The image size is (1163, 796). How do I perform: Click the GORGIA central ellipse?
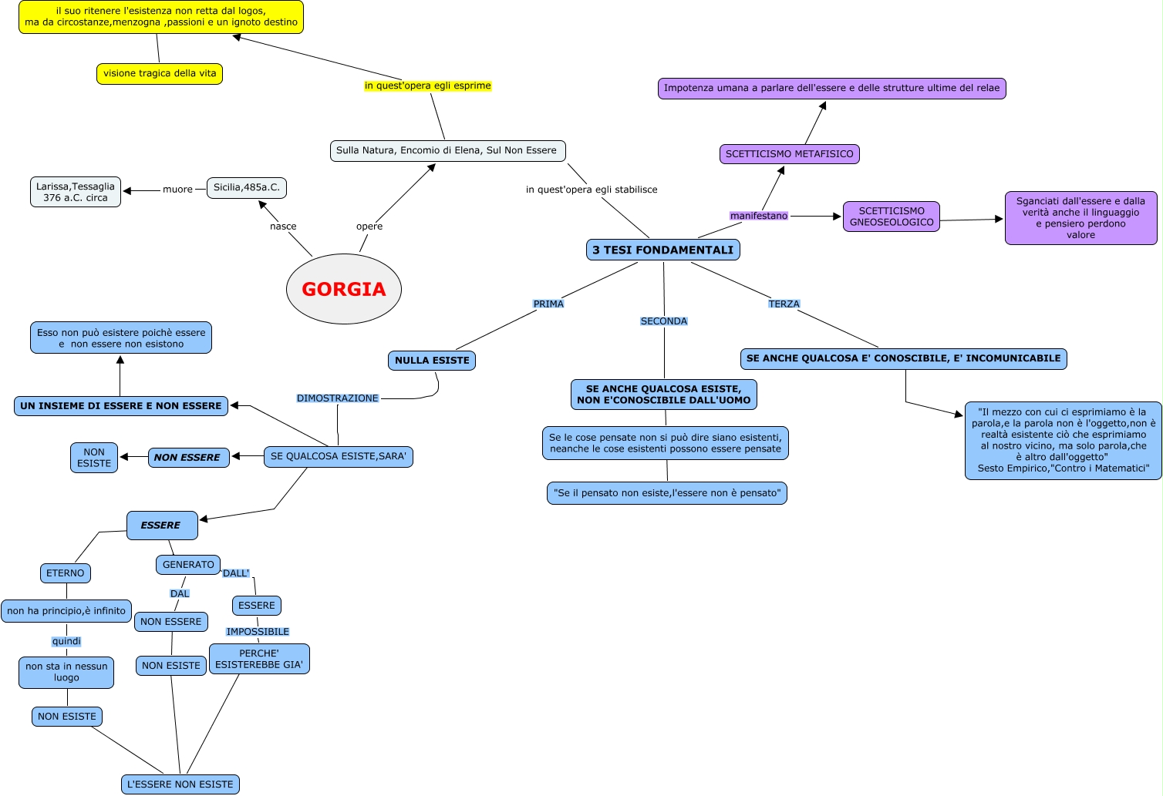[x=343, y=289]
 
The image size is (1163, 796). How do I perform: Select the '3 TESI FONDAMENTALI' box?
[x=662, y=250]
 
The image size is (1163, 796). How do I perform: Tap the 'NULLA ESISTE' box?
[x=432, y=360]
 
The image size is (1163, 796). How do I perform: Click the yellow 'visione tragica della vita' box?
[x=160, y=73]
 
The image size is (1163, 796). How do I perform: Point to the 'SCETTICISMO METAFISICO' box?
[x=789, y=153]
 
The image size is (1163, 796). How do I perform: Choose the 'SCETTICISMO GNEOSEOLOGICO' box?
[x=891, y=217]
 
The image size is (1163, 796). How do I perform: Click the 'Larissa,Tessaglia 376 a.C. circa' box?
[x=76, y=192]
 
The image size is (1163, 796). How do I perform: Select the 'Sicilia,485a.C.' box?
[x=247, y=187]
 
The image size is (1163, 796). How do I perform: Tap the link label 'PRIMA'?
[x=548, y=304]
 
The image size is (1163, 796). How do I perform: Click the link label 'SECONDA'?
[x=663, y=321]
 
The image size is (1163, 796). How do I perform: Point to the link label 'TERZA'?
[x=784, y=304]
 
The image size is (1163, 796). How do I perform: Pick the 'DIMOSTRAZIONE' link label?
[x=338, y=398]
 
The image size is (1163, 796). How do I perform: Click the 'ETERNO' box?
[x=66, y=573]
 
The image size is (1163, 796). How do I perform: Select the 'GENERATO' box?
[x=188, y=565]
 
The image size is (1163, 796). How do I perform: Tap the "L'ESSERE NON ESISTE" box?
[x=180, y=784]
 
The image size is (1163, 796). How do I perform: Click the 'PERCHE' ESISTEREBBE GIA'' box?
[x=259, y=659]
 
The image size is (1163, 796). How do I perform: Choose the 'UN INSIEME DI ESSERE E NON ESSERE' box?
[x=121, y=405]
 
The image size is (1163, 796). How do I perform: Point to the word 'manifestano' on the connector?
[x=759, y=216]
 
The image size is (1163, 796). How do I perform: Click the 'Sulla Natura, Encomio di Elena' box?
[x=447, y=150]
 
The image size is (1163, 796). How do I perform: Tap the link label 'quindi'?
[x=66, y=641]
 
